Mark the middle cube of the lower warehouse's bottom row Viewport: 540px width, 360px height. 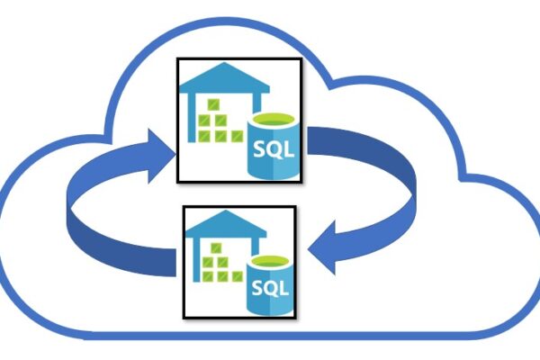coord(219,278)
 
